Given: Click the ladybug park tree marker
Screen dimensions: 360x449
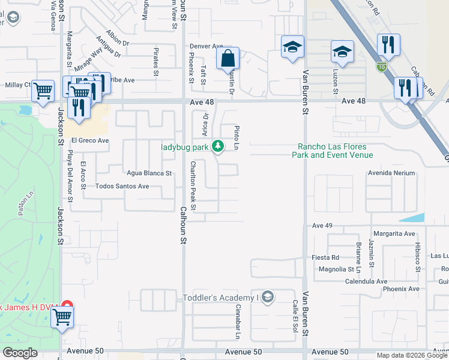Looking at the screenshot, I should tap(218, 146).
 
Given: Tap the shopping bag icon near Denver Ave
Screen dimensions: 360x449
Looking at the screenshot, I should tap(228, 59).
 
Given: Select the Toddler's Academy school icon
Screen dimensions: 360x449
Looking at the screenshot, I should tap(268, 297).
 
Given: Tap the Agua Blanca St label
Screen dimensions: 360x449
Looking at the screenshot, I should tap(149, 173).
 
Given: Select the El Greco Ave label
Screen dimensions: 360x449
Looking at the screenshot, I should tap(90, 140).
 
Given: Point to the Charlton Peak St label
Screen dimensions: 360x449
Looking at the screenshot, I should tap(193, 185).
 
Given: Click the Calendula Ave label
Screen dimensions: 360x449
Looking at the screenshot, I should tap(366, 281).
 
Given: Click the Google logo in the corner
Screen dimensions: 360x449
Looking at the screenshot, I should tap(19, 353).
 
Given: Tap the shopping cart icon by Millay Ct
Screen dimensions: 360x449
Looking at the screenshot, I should tap(43, 91).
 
